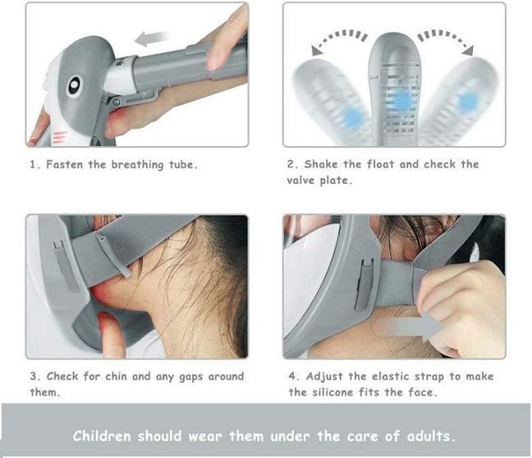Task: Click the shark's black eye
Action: pyautogui.click(x=75, y=85)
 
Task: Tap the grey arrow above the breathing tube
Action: pyautogui.click(x=152, y=38)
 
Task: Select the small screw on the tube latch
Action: pyautogui.click(x=116, y=102)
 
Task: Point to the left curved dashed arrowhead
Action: pyautogui.click(x=317, y=51)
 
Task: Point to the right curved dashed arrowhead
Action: pyautogui.click(x=468, y=50)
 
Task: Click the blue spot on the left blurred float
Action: pyautogui.click(x=353, y=118)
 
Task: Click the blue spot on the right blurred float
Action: pyautogui.click(x=468, y=100)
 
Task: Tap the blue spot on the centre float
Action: pyautogui.click(x=402, y=99)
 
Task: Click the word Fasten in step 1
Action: pyautogui.click(x=65, y=164)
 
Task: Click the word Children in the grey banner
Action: pyautogui.click(x=102, y=436)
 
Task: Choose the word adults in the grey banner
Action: pyautogui.click(x=430, y=436)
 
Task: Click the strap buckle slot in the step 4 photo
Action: pyautogui.click(x=363, y=284)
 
